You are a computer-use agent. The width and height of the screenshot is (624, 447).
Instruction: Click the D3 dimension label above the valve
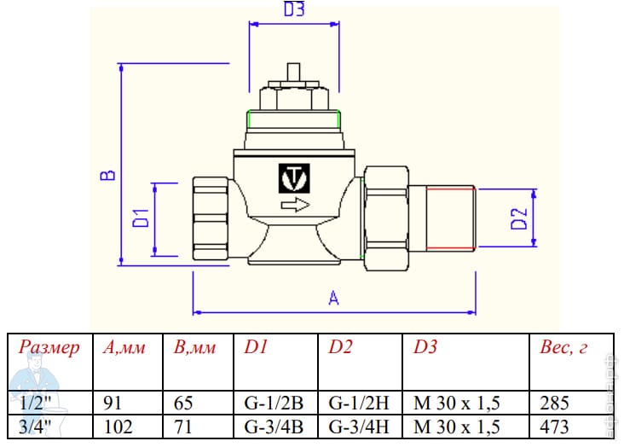pyautogui.click(x=293, y=11)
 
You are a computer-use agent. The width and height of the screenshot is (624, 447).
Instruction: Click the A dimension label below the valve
pyautogui.click(x=334, y=298)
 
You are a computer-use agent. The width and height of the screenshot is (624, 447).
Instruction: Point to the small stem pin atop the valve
pyautogui.click(x=293, y=71)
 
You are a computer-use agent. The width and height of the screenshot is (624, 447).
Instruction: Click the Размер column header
pyautogui.click(x=49, y=347)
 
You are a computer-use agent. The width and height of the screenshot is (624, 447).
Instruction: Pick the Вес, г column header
pyautogui.click(x=564, y=347)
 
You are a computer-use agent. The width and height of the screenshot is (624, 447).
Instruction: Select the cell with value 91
pyautogui.click(x=112, y=403)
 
